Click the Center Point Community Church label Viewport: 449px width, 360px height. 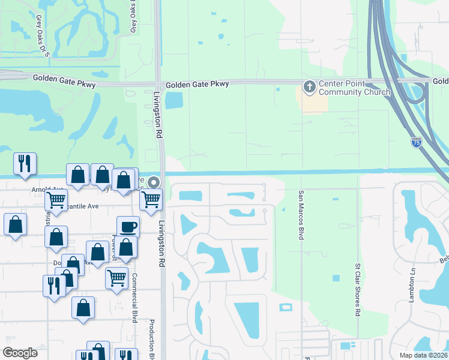[x=354, y=88]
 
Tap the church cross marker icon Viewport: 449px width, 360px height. [x=310, y=88]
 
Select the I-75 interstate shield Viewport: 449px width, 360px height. [x=417, y=142]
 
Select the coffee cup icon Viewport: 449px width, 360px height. [x=128, y=227]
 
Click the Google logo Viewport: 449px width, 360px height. [x=20, y=353]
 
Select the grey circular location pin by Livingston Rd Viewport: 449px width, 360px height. [x=154, y=182]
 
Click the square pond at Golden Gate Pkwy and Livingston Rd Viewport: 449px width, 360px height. [x=174, y=101]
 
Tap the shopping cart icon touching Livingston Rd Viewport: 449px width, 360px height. [x=152, y=199]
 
